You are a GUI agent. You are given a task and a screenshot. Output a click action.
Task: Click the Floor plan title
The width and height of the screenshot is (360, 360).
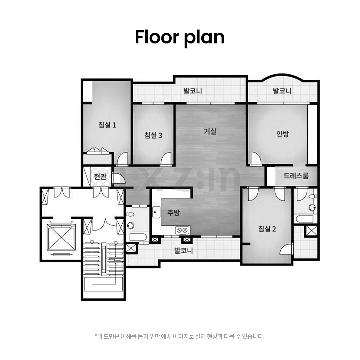click(180, 37)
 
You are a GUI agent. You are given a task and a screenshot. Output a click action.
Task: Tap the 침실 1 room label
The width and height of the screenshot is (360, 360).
click(107, 125)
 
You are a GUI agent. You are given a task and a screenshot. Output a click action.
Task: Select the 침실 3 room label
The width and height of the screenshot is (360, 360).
click(153, 135)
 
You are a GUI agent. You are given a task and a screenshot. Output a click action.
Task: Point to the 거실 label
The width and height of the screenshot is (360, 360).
click(210, 131)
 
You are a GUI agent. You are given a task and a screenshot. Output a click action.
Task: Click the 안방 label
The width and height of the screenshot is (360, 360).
click(282, 134)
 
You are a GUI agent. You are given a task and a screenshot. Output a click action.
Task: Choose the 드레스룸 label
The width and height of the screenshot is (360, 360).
click(296, 176)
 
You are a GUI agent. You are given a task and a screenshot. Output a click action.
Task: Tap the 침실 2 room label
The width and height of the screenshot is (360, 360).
click(267, 229)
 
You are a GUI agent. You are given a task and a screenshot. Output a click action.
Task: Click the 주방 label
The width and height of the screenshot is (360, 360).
click(174, 213)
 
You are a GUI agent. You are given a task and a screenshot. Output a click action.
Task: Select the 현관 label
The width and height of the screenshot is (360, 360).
click(100, 177)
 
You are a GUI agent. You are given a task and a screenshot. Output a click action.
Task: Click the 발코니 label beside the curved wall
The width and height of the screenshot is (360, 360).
click(282, 91)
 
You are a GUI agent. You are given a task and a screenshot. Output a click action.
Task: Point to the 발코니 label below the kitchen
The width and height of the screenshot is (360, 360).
click(184, 250)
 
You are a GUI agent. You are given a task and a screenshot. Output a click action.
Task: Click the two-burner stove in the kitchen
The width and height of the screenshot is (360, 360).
click(183, 230)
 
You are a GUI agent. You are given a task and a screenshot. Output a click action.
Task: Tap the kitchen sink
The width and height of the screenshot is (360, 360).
click(156, 212)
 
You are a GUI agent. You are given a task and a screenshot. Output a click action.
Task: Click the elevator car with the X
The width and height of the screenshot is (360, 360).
click(61, 237)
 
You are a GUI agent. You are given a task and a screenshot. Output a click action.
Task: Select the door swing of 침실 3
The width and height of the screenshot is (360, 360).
click(166, 159)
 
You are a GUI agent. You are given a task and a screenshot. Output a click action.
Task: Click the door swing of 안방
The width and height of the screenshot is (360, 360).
click(255, 158)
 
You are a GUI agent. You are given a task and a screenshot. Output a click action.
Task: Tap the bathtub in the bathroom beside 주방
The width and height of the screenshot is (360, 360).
click(138, 237)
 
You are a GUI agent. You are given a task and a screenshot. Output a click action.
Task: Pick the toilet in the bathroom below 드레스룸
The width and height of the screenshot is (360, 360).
click(312, 207)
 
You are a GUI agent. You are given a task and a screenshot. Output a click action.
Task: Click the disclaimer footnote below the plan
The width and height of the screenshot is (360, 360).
click(180, 337)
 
